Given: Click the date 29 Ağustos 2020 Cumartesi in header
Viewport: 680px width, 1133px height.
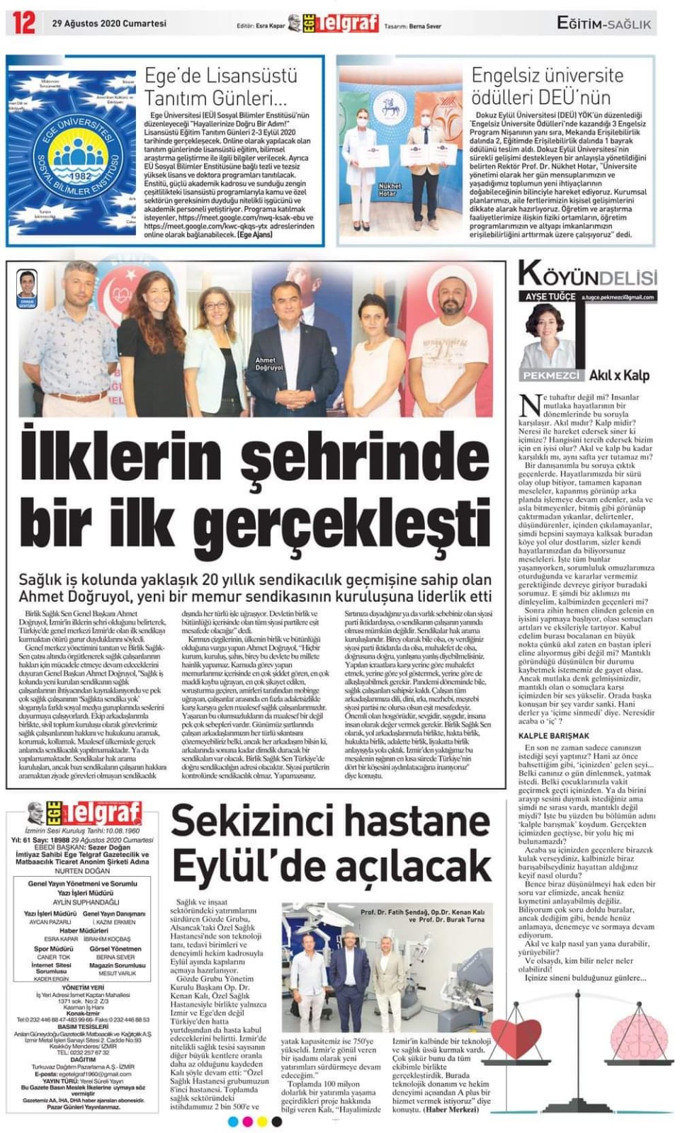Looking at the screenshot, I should pos(109,23).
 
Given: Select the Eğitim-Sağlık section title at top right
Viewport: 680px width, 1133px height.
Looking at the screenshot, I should pos(604,23).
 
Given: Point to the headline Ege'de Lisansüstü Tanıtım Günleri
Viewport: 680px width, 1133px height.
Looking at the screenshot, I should pos(220,85).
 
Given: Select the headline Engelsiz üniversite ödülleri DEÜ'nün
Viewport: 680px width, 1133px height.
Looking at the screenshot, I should pos(547,85).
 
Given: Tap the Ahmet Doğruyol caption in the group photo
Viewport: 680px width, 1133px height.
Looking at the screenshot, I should pos(269,364).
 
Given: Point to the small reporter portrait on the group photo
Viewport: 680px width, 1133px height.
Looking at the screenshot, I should pos(28,287).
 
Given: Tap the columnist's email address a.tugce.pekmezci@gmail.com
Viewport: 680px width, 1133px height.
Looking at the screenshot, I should pos(618,297).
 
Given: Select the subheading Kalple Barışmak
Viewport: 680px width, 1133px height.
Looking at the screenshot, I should pos(553,736).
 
